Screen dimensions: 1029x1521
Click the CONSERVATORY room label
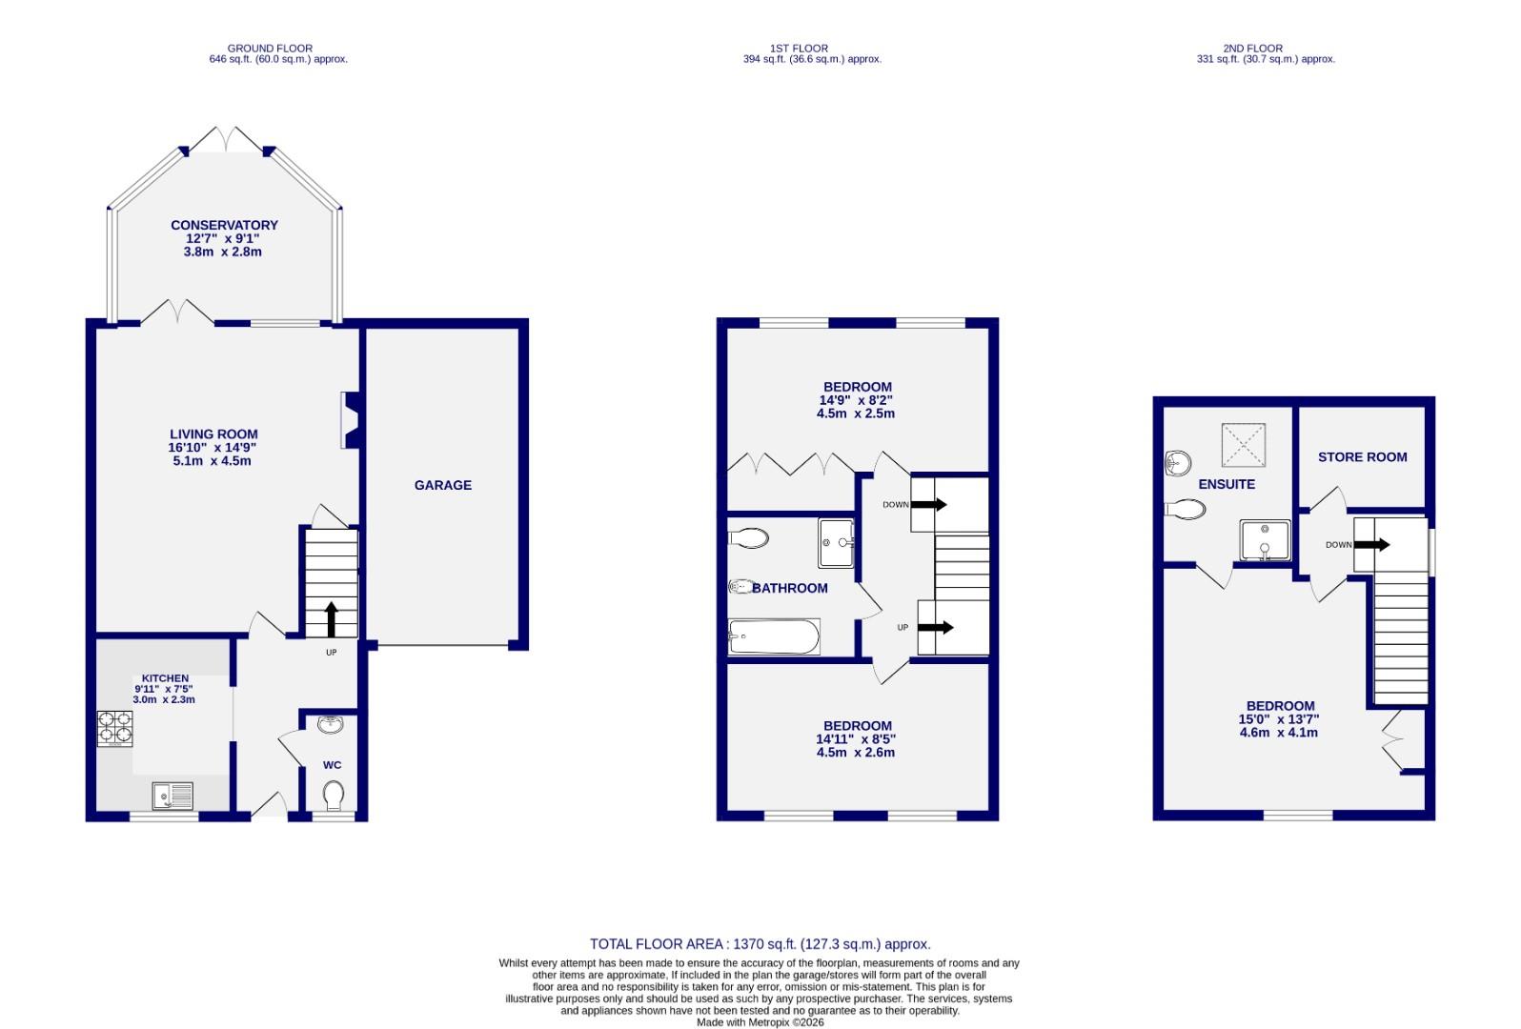[x=224, y=226]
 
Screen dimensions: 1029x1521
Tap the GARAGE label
[x=442, y=485]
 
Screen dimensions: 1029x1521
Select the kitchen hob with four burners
[x=114, y=729]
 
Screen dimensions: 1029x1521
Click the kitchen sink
[x=172, y=794]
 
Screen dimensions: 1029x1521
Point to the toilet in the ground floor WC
[x=334, y=794]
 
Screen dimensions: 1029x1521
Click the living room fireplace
[x=349, y=420]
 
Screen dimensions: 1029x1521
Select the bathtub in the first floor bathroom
[x=774, y=636]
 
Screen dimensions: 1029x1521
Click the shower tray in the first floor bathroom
[x=836, y=543]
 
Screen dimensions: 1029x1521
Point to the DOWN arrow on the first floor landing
[x=929, y=504]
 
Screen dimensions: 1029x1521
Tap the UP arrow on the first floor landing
[x=937, y=627]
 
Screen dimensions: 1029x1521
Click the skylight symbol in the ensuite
[x=1244, y=445]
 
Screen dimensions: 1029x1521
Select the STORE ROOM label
[x=1362, y=457]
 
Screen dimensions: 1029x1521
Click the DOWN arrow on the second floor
[x=1371, y=545]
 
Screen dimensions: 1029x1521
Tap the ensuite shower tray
[x=1265, y=540]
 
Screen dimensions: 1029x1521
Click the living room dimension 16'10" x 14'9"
[x=213, y=448]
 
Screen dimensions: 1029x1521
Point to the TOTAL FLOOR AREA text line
[x=760, y=944]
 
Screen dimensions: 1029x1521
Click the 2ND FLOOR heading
[x=1252, y=48]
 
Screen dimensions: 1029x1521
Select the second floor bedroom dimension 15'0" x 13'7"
[x=1278, y=720]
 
